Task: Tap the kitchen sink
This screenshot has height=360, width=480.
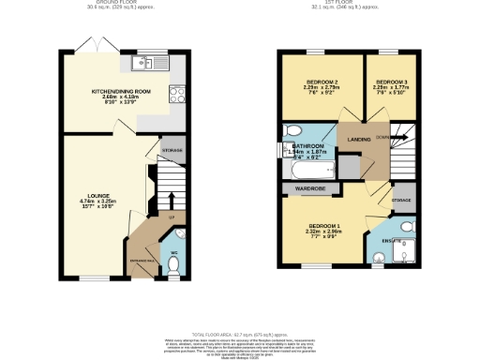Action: pos(144,64)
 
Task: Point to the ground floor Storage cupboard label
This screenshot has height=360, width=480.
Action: pos(172,150)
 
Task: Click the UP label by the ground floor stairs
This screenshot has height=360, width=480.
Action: pos(172,218)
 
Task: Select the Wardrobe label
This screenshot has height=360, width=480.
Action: pos(307,187)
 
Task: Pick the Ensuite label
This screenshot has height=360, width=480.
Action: pos(388,243)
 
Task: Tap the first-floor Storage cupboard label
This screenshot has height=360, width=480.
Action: pos(400,201)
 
